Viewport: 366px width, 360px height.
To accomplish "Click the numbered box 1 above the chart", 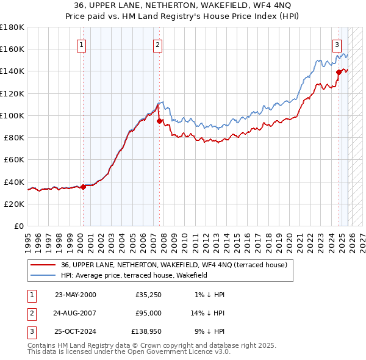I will (82, 44).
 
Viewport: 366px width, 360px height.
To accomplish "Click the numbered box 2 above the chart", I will (157, 44).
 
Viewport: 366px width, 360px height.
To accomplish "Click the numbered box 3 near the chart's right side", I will (337, 44).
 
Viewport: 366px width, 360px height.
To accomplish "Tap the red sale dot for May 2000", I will (84, 187).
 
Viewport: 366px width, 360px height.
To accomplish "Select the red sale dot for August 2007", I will (159, 121).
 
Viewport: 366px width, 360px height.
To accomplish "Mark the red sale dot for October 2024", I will (339, 72).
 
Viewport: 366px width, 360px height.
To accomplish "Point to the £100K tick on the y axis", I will (12, 115).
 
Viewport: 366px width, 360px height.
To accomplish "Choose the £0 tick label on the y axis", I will (18, 226).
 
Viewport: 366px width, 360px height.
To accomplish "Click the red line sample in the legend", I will (44, 264).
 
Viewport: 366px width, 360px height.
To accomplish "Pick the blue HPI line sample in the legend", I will (44, 275).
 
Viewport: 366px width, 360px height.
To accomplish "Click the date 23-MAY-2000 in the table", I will (75, 295).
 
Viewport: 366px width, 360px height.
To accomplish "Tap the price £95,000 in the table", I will (148, 313).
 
